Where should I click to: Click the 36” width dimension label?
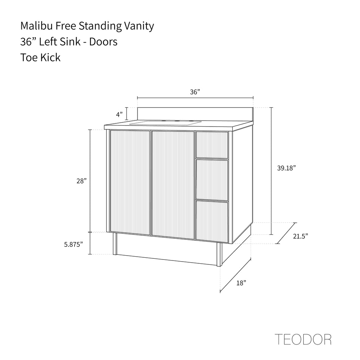click(195, 92)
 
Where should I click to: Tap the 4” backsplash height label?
click(120, 114)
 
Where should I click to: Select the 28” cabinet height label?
click(82, 181)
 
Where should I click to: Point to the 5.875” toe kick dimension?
click(73, 244)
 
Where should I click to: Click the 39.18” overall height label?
click(286, 168)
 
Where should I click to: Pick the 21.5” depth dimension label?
click(300, 236)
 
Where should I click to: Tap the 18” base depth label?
click(241, 283)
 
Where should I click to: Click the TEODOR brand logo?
click(303, 339)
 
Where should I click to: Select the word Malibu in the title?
click(37, 26)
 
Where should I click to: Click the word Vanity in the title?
click(139, 26)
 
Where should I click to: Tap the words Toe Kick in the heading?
click(40, 57)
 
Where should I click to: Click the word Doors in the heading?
click(103, 42)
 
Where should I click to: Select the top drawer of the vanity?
click(212, 145)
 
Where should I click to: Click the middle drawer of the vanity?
click(212, 180)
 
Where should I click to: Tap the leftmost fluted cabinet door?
click(130, 182)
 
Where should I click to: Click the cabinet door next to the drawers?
click(173, 185)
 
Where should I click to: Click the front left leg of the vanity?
click(115, 244)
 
